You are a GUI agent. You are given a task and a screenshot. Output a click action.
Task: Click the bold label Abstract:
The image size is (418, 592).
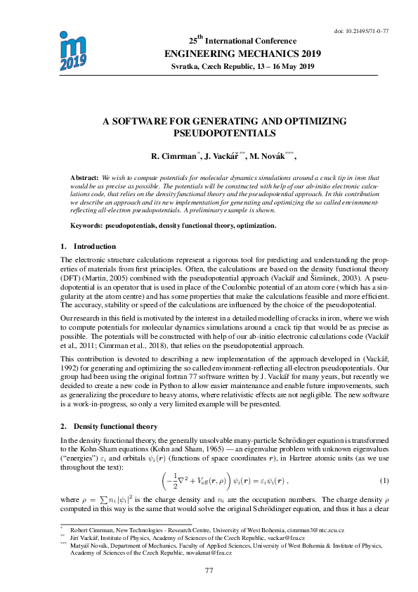point(86,179)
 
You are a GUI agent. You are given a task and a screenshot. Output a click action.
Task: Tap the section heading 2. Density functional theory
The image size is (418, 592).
point(109,426)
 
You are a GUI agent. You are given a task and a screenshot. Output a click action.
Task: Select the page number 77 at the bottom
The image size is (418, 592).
point(209,570)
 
